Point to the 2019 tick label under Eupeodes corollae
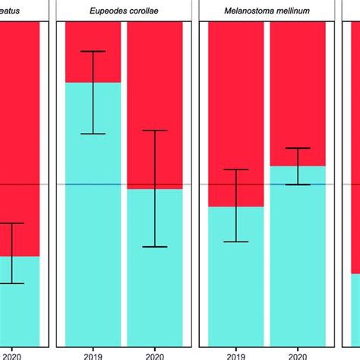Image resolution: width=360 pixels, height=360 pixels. pyautogui.click(x=93, y=354)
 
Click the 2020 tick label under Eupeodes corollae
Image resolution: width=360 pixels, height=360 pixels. pyautogui.click(x=154, y=354)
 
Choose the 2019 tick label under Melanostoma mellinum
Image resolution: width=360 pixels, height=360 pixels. pyautogui.click(x=235, y=354)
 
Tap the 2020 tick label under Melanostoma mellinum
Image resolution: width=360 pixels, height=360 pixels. pyautogui.click(x=297, y=354)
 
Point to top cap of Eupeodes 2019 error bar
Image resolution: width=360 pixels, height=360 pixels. pyautogui.click(x=93, y=51)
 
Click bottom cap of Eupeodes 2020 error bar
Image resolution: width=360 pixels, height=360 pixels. pyautogui.click(x=154, y=247)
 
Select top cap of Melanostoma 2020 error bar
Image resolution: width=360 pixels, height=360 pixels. pyautogui.click(x=297, y=148)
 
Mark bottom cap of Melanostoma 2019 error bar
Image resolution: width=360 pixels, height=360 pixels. pyautogui.click(x=235, y=242)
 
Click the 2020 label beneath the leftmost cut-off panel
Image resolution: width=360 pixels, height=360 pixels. pyautogui.click(x=11, y=354)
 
